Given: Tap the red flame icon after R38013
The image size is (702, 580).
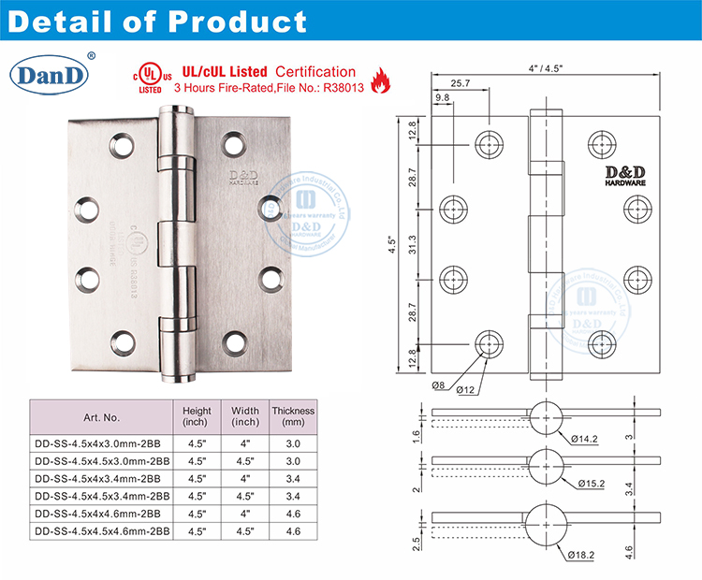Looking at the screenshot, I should (379, 83).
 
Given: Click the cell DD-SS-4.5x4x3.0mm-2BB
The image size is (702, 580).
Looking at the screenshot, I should (100, 443).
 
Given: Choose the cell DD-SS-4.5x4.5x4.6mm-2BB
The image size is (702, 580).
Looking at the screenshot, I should (100, 531).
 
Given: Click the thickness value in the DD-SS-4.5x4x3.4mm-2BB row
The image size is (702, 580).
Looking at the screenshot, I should (292, 479).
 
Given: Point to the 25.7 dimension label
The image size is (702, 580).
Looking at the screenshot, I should (460, 82).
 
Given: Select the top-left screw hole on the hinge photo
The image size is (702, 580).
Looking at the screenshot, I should (119, 146).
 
